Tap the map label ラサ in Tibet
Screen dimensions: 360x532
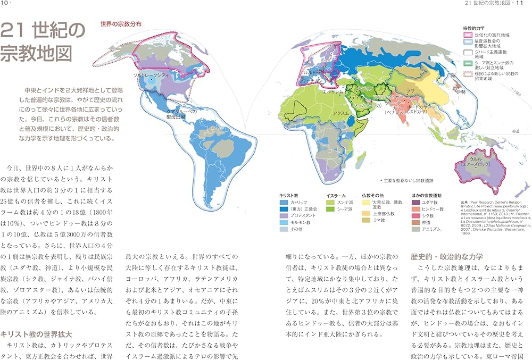coord(411,90)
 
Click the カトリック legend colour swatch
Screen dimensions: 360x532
coord(284,203)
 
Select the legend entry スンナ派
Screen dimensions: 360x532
coord(340,203)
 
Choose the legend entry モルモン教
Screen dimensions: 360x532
coord(300,223)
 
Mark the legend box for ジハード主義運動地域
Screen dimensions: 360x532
coord(468,52)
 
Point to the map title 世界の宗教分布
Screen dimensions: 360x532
coord(121,23)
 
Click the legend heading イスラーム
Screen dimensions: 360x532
coord(337,195)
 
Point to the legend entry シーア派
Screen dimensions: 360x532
coord(340,210)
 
